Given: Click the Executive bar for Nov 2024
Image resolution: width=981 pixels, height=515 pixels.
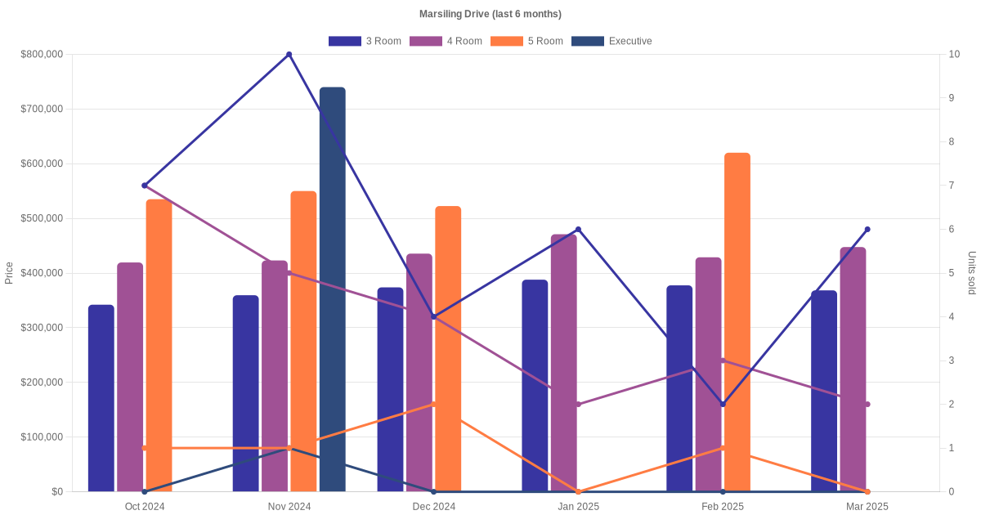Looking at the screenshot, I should click(332, 289).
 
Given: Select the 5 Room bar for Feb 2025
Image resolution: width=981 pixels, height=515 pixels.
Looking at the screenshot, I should click(737, 322).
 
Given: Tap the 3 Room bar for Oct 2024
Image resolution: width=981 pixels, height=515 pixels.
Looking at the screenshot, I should click(101, 398).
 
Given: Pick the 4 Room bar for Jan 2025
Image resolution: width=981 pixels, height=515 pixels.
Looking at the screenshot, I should click(564, 363).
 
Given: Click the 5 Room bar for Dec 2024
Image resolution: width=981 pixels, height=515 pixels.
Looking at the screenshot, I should click(448, 349).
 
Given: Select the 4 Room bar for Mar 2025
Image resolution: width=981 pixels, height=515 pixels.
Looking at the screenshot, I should click(853, 369).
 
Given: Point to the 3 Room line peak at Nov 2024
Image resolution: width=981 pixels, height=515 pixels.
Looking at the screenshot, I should click(289, 55).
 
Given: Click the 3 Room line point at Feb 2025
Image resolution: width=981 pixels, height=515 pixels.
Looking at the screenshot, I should click(723, 404).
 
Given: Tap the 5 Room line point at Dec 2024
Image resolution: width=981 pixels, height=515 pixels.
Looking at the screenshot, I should click(434, 404).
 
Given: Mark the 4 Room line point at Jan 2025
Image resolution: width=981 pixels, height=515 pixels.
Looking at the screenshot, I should click(579, 404).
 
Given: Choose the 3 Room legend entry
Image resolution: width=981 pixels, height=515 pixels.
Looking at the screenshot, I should click(365, 41).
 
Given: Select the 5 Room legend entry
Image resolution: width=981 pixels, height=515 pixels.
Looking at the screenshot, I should click(526, 41).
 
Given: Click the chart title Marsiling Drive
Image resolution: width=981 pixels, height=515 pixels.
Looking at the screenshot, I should click(490, 14).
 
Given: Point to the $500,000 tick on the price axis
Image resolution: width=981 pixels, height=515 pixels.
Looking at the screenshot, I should click(42, 218).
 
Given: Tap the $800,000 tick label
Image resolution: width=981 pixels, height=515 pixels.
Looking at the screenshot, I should click(42, 55).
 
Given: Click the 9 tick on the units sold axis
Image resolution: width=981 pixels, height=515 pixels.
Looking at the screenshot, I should click(951, 98).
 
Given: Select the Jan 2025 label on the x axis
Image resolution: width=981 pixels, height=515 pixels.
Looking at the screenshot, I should click(578, 506).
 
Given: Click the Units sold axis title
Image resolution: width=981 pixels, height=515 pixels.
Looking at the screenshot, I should click(971, 273).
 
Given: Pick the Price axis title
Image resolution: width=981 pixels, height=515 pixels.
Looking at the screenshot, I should click(9, 273).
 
